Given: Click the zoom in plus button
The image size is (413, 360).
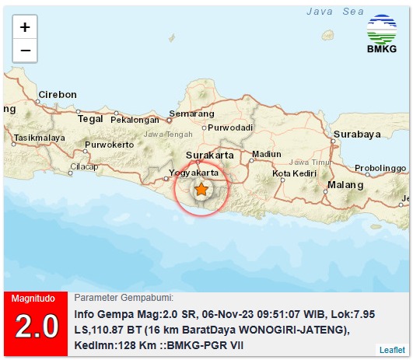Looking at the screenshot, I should coord(25,26).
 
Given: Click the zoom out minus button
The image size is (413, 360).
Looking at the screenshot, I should coord(25,51).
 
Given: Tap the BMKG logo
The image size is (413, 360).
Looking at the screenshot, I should coord(381,36).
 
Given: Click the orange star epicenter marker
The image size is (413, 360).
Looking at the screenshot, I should coord(201,189).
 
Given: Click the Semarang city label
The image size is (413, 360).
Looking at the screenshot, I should coord(191,114).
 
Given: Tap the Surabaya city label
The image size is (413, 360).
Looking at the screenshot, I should coord(357,134).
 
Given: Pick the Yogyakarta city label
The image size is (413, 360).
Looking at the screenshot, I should coord(194,171).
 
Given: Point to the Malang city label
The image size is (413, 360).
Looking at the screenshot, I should coord(345,185).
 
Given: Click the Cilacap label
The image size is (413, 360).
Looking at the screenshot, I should coord(84,166).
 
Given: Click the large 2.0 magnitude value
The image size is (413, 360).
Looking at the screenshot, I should coord(37,327).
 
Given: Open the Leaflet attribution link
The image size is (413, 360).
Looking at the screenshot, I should coord(392,350).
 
